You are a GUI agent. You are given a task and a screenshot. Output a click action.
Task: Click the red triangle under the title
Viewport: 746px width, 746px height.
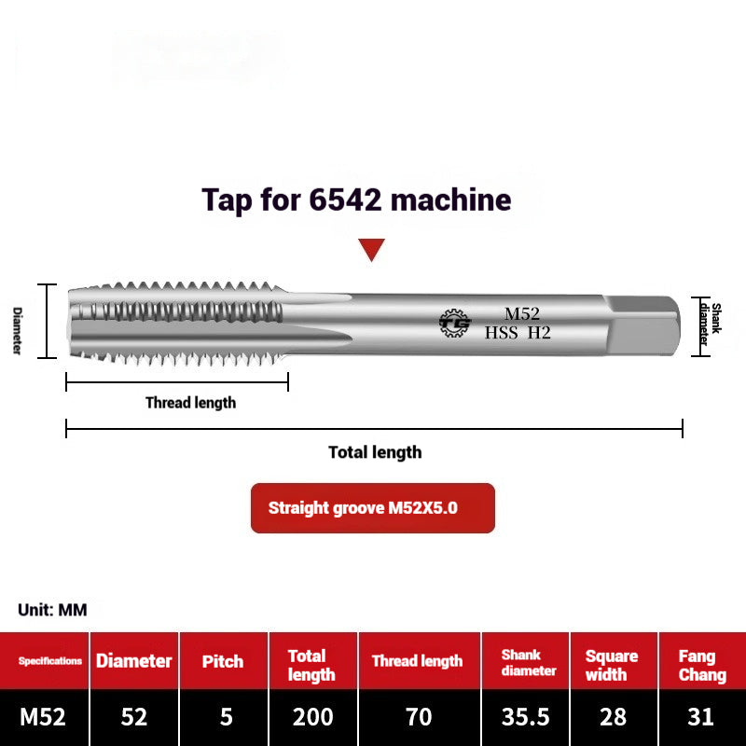click(372, 249)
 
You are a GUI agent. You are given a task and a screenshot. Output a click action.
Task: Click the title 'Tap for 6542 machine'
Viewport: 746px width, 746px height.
click(357, 200)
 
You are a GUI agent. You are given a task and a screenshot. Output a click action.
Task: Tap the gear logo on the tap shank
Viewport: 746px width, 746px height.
click(455, 323)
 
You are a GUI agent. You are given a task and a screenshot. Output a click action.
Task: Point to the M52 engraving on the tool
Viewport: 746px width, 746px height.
click(522, 314)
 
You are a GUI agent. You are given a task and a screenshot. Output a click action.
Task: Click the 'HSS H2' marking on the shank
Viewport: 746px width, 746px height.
click(518, 332)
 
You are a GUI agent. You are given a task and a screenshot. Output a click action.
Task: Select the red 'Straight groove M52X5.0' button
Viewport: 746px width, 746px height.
click(372, 508)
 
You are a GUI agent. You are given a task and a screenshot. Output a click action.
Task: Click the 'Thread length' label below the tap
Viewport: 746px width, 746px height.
click(190, 403)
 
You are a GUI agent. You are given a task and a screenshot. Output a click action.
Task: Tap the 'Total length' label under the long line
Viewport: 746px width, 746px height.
click(375, 452)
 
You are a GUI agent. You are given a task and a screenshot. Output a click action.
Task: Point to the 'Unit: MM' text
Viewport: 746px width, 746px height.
click(52, 610)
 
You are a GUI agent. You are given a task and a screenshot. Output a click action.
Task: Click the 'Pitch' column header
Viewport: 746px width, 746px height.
click(223, 661)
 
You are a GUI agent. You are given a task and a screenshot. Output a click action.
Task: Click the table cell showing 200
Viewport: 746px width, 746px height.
click(312, 717)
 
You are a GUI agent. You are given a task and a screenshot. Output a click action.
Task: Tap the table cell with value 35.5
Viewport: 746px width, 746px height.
click(526, 717)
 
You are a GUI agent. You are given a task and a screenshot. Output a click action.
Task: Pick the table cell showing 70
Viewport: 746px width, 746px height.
click(419, 717)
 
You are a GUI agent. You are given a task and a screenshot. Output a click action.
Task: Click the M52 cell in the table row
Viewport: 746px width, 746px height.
click(44, 717)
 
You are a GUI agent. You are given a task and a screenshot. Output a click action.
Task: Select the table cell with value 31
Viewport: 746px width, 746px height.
click(701, 717)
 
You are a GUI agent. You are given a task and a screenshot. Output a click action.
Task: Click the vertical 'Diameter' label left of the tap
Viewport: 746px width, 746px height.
click(17, 331)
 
